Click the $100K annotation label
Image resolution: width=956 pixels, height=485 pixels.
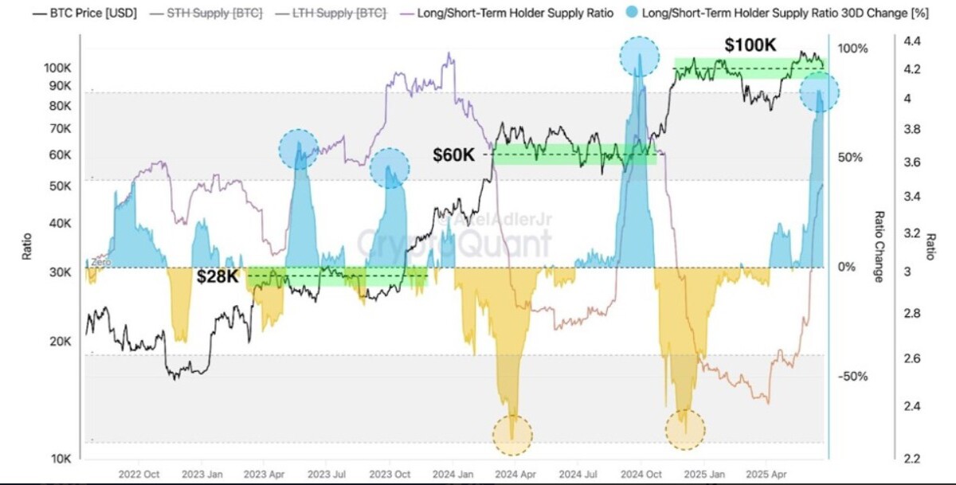pyautogui.click(x=750, y=45)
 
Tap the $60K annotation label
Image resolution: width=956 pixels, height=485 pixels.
pyautogui.click(x=453, y=154)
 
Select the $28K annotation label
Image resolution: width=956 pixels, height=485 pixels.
pyautogui.click(x=217, y=276)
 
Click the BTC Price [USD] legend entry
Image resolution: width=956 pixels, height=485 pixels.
pyautogui.click(x=85, y=14)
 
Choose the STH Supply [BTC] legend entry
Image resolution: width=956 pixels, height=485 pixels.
pyautogui.click(x=206, y=14)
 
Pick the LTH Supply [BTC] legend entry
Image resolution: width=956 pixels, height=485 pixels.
pyautogui.click(x=331, y=14)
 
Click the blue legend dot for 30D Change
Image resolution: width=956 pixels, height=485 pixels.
pyautogui.click(x=631, y=13)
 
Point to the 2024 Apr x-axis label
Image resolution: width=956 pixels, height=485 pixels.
pyautogui.click(x=515, y=474)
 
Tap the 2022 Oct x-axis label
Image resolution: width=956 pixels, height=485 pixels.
pyautogui.click(x=139, y=474)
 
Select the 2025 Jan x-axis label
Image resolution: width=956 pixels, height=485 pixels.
pyautogui.click(x=703, y=474)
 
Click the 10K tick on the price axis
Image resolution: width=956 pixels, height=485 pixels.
pyautogui.click(x=61, y=459)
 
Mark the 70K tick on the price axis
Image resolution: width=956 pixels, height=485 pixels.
pyautogui.click(x=61, y=128)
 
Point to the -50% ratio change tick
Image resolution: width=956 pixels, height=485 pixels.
pyautogui.click(x=852, y=377)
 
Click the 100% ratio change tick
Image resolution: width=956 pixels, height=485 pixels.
pyautogui.click(x=852, y=49)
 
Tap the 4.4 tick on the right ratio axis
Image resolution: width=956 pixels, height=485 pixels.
pyautogui.click(x=912, y=41)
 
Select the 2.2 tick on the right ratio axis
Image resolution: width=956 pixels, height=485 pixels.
pyautogui.click(x=912, y=459)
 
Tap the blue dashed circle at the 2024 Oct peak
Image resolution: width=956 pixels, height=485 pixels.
pyautogui.click(x=619, y=57)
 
